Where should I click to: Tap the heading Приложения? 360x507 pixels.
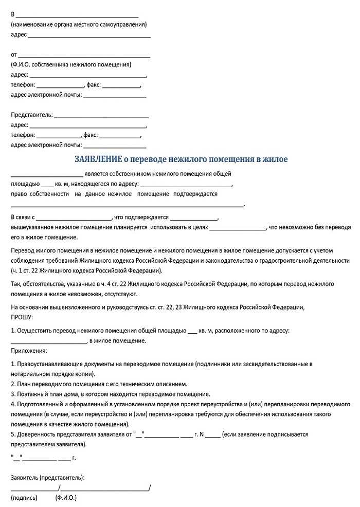click(x=29, y=351)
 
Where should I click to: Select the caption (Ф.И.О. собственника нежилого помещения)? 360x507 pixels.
click(x=70, y=65)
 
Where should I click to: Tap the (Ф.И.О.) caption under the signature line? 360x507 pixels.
click(x=66, y=498)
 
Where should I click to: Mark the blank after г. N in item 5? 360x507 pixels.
click(x=213, y=435)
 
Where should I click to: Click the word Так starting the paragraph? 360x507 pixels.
click(x=15, y=284)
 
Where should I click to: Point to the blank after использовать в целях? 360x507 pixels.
click(x=238, y=227)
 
